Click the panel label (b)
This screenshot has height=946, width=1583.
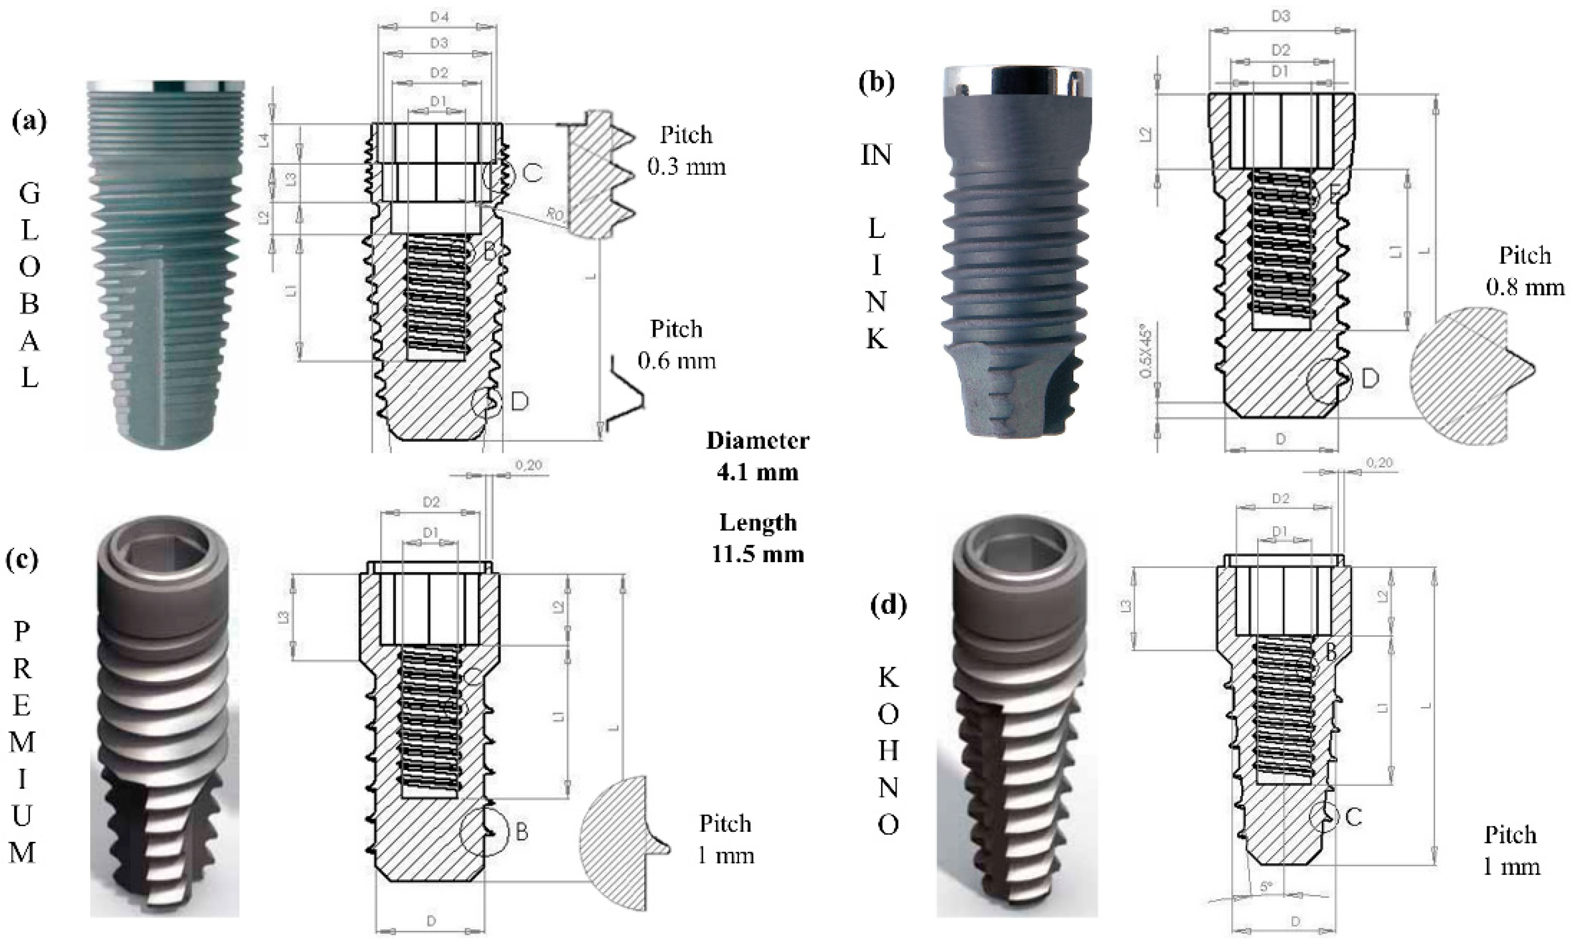877,83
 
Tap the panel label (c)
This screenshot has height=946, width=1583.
22,559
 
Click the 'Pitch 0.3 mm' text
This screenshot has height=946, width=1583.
686,151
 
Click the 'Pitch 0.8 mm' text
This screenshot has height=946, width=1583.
1525,271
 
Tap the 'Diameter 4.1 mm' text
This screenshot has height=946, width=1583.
758,456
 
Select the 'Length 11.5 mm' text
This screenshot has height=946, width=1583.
758,538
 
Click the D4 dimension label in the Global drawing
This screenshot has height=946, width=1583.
439,17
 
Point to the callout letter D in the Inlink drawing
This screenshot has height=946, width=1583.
1370,379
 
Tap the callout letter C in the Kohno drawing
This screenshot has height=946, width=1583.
1353,816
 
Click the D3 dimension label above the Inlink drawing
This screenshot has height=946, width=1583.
1281,16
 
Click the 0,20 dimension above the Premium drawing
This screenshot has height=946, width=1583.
530,465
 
